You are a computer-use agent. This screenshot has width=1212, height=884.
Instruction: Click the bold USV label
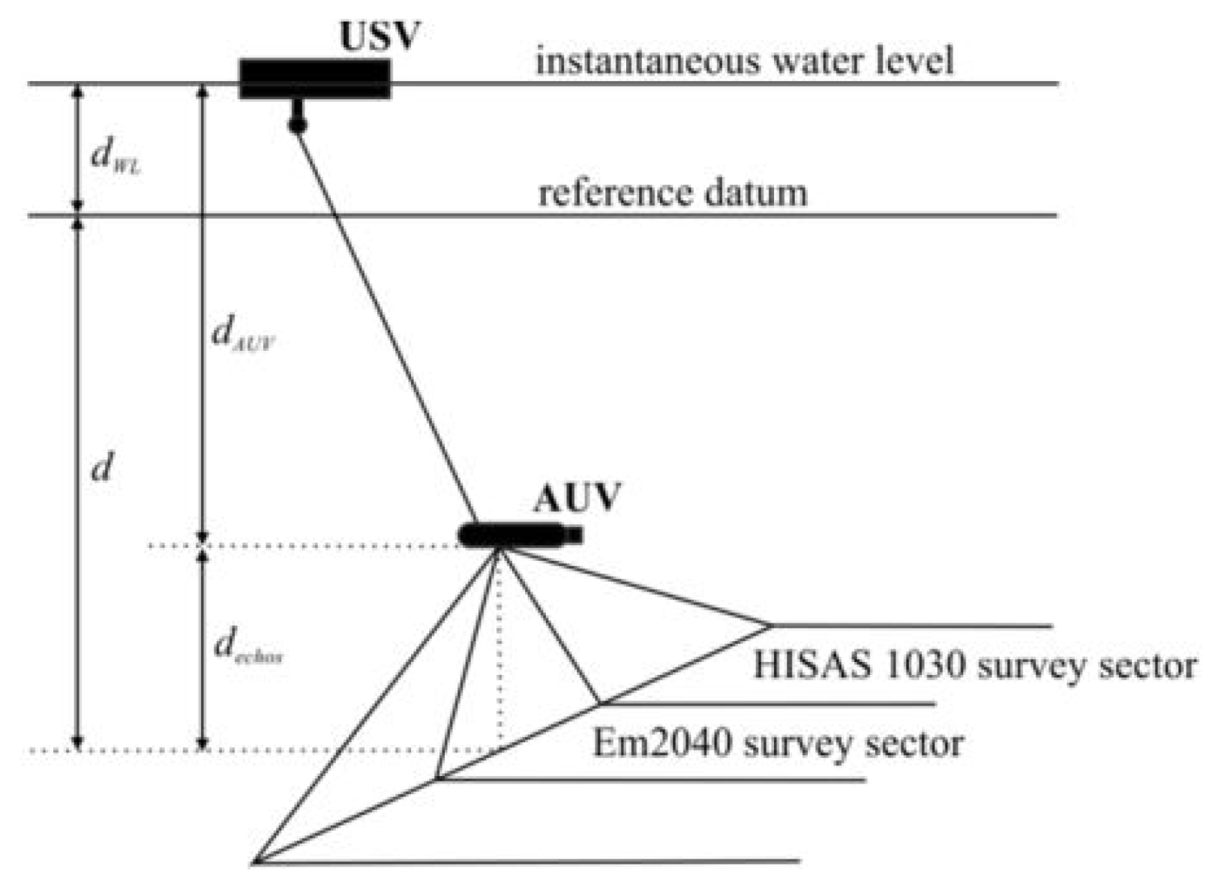click(x=379, y=35)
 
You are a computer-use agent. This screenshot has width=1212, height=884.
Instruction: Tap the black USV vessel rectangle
click(x=314, y=79)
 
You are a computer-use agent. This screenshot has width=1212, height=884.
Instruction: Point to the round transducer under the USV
click(x=298, y=124)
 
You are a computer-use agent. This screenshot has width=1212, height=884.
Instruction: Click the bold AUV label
click(x=577, y=497)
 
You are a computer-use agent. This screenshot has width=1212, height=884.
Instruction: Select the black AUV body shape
click(x=510, y=535)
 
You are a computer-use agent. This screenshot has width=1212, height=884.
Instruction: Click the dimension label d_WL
click(x=115, y=158)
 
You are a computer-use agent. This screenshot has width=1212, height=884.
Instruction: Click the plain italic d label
click(x=101, y=468)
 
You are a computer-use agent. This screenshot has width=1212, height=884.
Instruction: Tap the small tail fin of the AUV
click(x=574, y=535)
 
